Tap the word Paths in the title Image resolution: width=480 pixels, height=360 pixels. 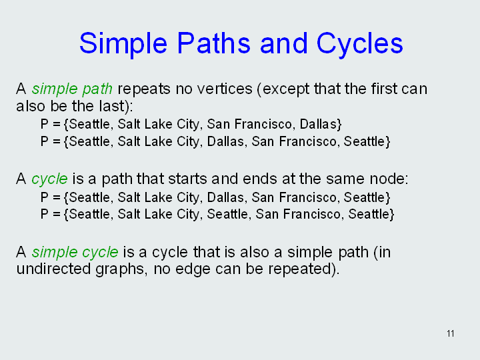pyautogui.click(x=214, y=43)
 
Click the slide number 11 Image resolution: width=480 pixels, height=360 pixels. pyautogui.click(x=450, y=333)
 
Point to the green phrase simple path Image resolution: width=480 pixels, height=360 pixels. pyautogui.click(x=72, y=89)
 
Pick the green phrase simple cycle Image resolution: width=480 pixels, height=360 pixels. pyautogui.click(x=75, y=253)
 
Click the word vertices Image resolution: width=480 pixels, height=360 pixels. pyautogui.click(x=225, y=89)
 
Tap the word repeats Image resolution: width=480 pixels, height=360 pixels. pyautogui.click(x=144, y=89)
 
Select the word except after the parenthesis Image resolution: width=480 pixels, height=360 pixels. pyautogui.click(x=286, y=89)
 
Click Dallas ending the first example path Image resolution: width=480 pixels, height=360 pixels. pyautogui.click(x=318, y=124)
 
